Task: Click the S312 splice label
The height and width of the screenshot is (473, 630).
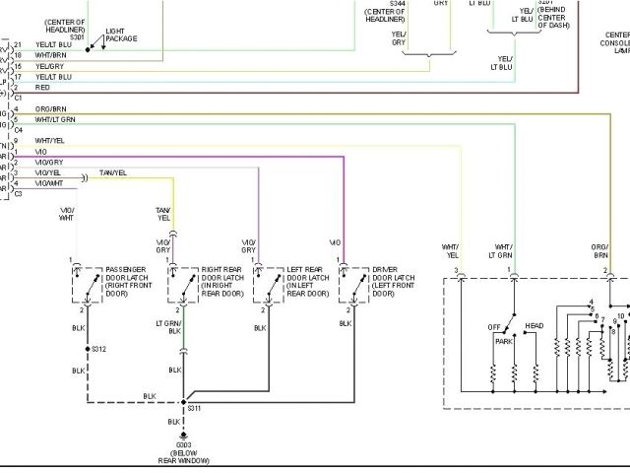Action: [x=98, y=349]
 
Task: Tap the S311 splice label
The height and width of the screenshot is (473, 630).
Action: [x=194, y=407]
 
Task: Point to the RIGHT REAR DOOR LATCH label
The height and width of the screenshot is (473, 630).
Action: [x=221, y=281]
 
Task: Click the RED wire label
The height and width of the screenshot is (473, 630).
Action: [x=42, y=87]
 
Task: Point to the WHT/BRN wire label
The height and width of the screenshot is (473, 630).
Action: [x=50, y=55]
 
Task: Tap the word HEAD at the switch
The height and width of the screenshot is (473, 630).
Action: [x=534, y=326]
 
